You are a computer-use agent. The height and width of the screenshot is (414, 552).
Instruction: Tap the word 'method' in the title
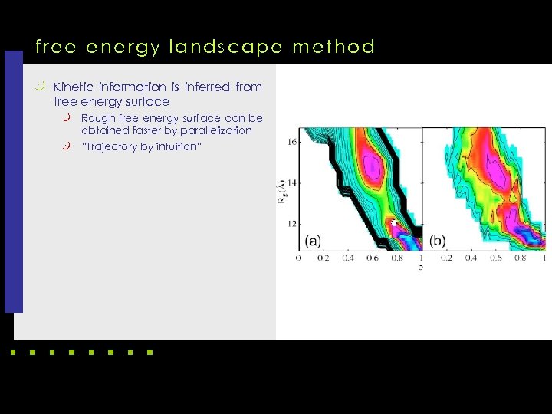coord(334,48)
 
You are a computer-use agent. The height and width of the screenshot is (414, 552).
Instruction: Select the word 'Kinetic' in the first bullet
coord(75,87)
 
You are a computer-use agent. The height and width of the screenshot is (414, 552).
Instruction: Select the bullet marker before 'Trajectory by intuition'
coord(67,146)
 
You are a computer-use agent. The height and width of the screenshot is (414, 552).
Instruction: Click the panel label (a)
coord(313,241)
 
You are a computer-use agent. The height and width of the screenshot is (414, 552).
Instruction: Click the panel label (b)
coord(438,241)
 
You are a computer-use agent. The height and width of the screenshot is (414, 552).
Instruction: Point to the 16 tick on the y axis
coord(291,143)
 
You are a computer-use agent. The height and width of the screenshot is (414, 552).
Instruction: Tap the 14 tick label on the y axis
coord(291,183)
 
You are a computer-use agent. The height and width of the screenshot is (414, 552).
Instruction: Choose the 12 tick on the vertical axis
coord(291,224)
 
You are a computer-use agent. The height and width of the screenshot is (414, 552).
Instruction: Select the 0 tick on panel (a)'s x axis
coord(299,258)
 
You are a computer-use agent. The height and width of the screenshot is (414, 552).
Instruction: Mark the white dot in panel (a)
coord(394,223)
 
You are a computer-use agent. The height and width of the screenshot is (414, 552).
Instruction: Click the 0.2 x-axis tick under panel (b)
coord(447,258)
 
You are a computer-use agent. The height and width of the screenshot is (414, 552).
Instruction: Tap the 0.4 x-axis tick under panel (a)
coord(348,258)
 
